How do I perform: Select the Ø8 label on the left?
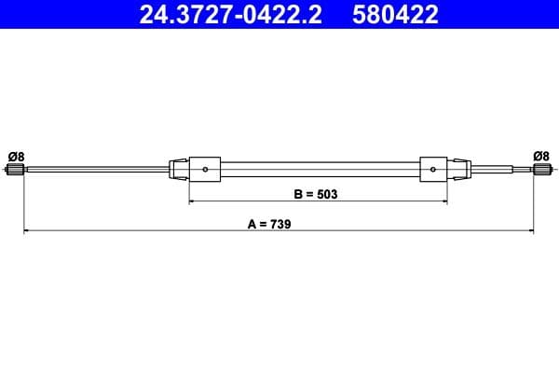coord(16,156)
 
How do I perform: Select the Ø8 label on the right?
coord(540,156)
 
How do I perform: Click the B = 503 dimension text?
coord(315,195)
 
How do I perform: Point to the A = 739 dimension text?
coord(271,225)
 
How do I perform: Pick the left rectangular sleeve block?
coord(205,169)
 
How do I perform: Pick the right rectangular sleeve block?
coord(436,169)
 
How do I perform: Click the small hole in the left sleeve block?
coord(206,169)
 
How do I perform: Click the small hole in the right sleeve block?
coord(435,169)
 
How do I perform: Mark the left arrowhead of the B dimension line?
coord(193,200)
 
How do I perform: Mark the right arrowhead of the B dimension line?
coord(448,200)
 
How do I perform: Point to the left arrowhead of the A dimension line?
coord(26,229)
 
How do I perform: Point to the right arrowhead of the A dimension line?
coord(530,229)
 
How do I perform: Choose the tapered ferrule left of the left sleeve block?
coord(179,169)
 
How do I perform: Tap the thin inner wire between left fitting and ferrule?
coord(93,169)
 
